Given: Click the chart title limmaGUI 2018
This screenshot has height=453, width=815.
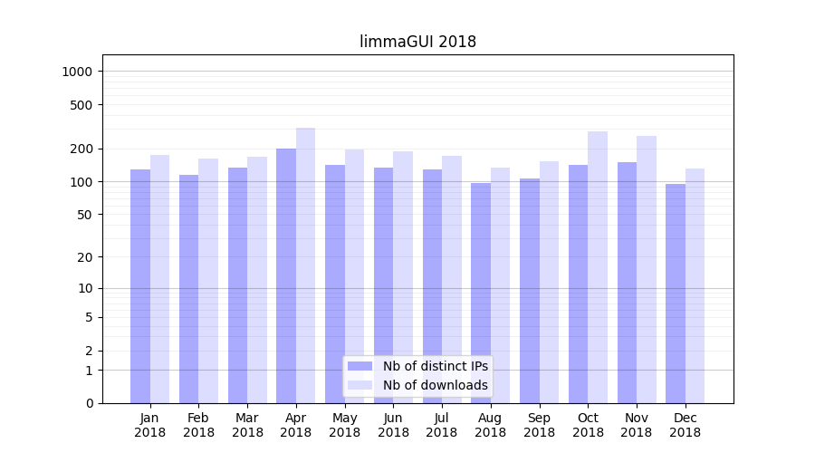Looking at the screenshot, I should tap(417, 42).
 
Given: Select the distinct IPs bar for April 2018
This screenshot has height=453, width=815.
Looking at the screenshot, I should tap(286, 276).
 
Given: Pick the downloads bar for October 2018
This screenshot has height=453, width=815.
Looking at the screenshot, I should tap(598, 267).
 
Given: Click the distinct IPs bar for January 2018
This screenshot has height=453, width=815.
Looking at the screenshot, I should tap(140, 286).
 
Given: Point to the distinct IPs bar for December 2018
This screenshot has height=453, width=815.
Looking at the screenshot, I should tap(676, 294).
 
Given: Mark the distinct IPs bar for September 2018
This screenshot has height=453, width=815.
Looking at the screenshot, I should tap(530, 291).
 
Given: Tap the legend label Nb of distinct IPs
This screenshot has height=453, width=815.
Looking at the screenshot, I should tap(436, 366).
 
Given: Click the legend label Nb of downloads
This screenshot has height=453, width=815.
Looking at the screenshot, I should tap(436, 385).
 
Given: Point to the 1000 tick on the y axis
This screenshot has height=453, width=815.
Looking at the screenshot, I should tap(79, 72).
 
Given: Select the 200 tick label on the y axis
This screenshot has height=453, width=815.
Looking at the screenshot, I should tap(82, 149).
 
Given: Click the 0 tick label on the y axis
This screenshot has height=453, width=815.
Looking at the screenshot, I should tap(89, 403).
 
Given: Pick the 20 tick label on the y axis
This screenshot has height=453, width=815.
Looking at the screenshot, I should tap(85, 256).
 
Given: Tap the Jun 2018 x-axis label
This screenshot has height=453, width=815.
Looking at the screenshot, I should tap(393, 425).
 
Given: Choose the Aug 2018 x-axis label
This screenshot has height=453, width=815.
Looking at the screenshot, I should tap(490, 425).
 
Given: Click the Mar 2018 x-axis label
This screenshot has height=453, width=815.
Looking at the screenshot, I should tap(247, 425).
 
